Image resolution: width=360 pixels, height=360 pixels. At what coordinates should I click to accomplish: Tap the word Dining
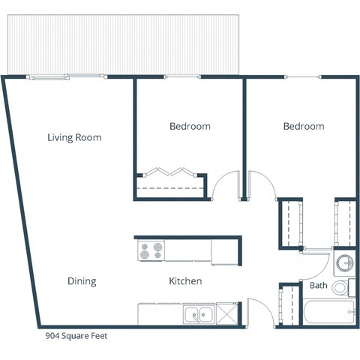pyautogui.click(x=82, y=281)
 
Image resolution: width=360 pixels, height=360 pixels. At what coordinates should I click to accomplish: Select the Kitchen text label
pyautogui.click(x=184, y=281)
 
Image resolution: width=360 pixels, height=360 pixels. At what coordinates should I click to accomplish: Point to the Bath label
pyautogui.click(x=318, y=286)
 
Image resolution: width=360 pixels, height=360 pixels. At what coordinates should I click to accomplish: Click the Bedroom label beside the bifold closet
pyautogui.click(x=189, y=127)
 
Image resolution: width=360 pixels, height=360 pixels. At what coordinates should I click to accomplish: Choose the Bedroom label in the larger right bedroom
pyautogui.click(x=303, y=127)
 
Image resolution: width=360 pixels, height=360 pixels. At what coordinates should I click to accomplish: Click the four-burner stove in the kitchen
pyautogui.click(x=151, y=249)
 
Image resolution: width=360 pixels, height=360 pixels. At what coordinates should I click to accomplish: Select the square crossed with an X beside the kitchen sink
pyautogui.click(x=225, y=315)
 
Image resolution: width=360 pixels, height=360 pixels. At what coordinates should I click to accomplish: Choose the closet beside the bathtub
pyautogui.click(x=288, y=306)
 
